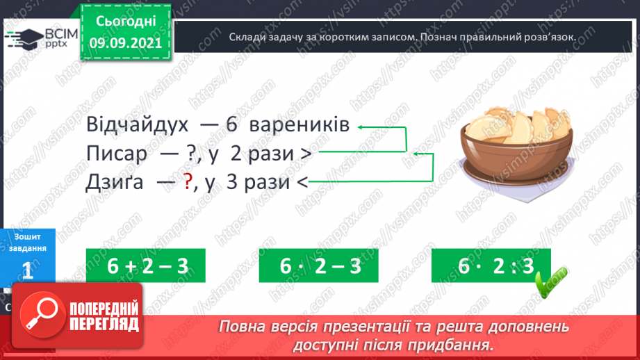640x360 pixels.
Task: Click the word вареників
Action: tap(298, 126)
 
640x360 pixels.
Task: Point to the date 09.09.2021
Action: tap(126, 42)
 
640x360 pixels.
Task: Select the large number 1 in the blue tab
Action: tap(28, 272)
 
